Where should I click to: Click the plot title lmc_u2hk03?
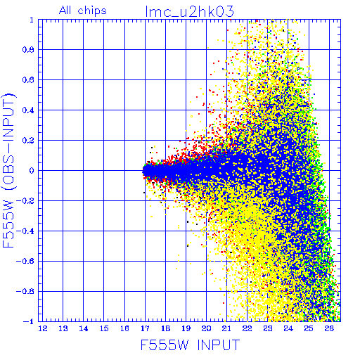(x=190, y=12)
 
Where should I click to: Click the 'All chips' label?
(x=83, y=11)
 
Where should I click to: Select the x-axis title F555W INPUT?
(x=190, y=345)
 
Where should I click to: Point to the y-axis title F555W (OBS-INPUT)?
(x=8, y=170)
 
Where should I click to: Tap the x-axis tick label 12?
(x=43, y=328)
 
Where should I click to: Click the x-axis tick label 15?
(x=104, y=328)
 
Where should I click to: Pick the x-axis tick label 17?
(x=145, y=328)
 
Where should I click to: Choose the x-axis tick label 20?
(x=207, y=328)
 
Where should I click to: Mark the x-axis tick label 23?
(x=268, y=328)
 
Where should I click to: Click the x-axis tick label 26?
(x=329, y=328)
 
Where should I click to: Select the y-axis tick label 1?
(x=32, y=20)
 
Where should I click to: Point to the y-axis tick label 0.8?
(x=28, y=50)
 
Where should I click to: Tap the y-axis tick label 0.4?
(x=28, y=110)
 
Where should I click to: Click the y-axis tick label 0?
(x=32, y=171)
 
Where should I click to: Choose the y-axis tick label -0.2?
(x=25, y=201)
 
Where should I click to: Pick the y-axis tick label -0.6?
(x=25, y=261)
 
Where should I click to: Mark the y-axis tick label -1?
(x=29, y=321)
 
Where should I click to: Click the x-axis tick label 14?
(x=84, y=328)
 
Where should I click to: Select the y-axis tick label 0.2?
(x=28, y=141)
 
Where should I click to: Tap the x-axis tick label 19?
(x=186, y=328)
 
